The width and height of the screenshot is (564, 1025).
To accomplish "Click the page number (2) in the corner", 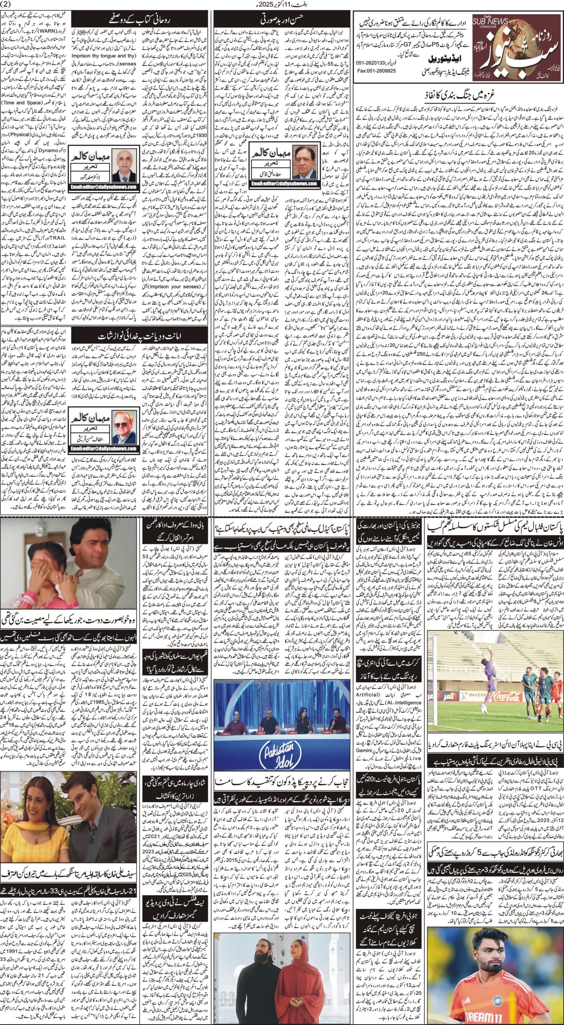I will (x=8, y=5).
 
